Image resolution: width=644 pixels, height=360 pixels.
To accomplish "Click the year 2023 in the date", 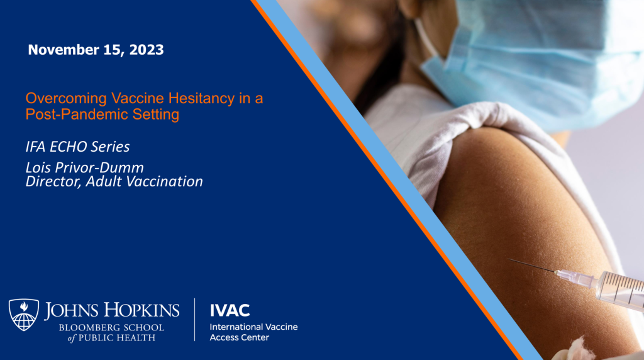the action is pos(146,50).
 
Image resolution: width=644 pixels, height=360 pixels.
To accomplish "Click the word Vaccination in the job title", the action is pos(164,181).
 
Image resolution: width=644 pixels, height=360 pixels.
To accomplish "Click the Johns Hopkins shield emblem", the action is pos(24,315).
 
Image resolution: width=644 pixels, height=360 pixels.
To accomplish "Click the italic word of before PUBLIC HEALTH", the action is pos(72,338).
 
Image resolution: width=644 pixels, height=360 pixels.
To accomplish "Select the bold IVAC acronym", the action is pos(230,311).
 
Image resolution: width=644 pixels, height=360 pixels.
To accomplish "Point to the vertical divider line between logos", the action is pos(195,319).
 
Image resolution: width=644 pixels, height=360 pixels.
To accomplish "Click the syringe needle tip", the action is pos(509,259).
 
